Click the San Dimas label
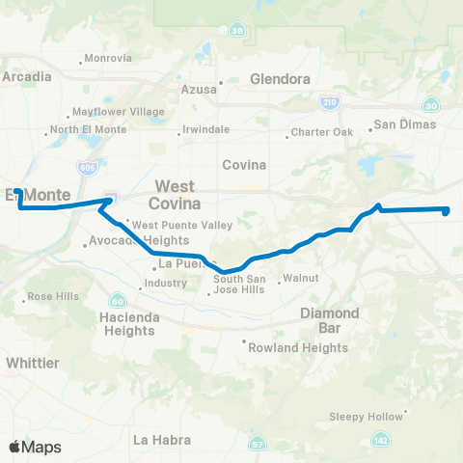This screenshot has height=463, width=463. pyautogui.click(x=405, y=123)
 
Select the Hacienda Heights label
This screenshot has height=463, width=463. pyautogui.click(x=127, y=323)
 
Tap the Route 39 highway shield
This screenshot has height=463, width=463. pyautogui.click(x=236, y=32)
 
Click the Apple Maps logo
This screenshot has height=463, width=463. pyautogui.click(x=35, y=447)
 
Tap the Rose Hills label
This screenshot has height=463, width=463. pyautogui.click(x=53, y=296)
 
